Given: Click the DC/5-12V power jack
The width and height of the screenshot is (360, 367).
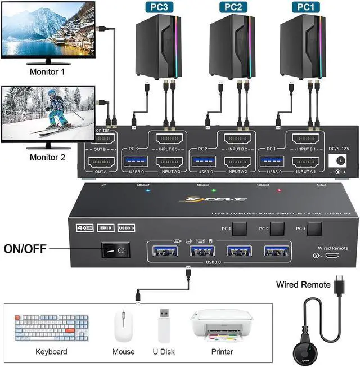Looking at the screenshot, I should tap(338, 161).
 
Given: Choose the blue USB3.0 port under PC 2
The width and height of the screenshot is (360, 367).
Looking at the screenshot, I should tap(202, 162).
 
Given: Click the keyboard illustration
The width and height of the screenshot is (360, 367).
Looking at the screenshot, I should tap(52, 328).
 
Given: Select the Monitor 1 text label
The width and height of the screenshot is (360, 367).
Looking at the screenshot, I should tap(47, 72).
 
